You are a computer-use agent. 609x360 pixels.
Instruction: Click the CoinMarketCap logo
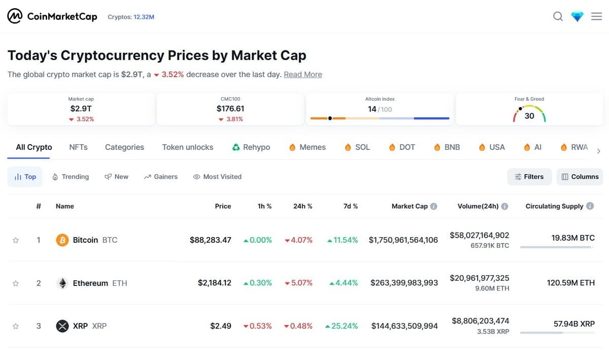[x=52, y=17]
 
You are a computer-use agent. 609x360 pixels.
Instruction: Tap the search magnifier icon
[x=558, y=17]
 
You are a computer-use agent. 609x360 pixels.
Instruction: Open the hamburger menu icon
[x=596, y=17]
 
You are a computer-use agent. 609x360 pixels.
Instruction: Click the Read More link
[x=302, y=74]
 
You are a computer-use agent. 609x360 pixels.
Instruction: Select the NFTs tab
[x=78, y=147]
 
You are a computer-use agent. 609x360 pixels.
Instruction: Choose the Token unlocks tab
[x=187, y=147]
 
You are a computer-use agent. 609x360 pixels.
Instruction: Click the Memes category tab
[x=307, y=147]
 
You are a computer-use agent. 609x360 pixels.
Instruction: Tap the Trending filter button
[x=71, y=177]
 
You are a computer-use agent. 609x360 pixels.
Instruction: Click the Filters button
[x=529, y=177]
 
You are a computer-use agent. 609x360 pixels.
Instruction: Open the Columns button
[x=580, y=177]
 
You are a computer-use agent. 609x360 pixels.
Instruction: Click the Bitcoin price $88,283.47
[x=210, y=240]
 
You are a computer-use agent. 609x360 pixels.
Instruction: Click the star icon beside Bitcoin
[x=16, y=240]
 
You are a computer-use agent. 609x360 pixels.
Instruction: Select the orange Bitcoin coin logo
[x=62, y=240]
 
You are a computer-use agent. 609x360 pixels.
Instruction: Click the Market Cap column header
[x=410, y=206]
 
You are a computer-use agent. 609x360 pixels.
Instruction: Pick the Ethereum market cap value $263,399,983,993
[x=404, y=283]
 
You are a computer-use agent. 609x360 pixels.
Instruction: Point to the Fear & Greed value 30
[x=529, y=116]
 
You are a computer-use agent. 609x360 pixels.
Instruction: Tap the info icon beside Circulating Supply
[x=590, y=206]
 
